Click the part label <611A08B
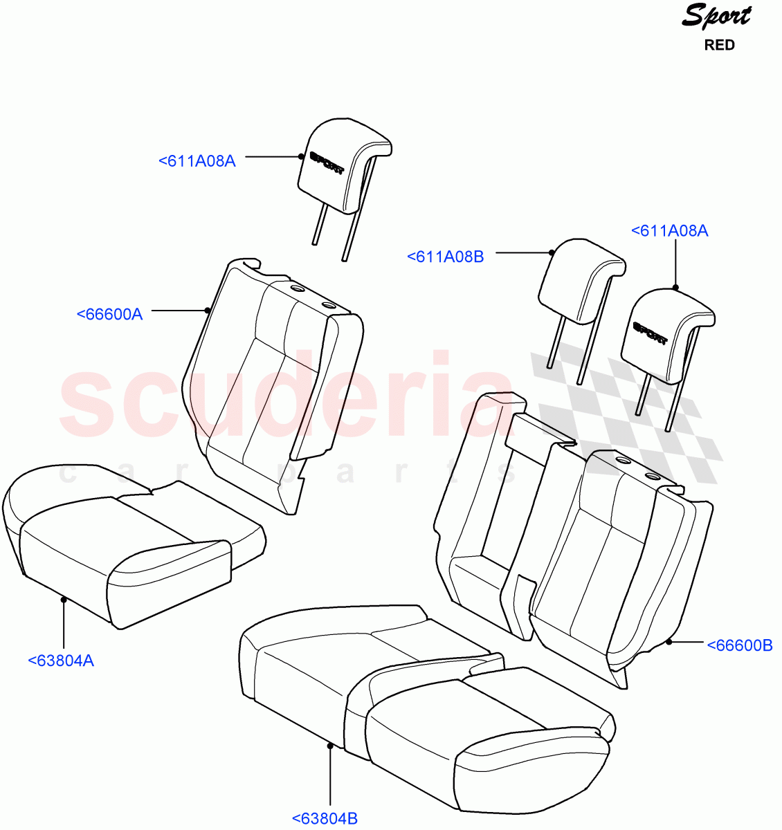[x=445, y=257]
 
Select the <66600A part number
[x=109, y=314]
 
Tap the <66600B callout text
[x=739, y=645]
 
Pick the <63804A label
[x=61, y=661]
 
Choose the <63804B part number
[x=325, y=819]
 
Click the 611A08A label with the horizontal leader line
[x=197, y=161]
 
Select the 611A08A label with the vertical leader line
[x=669, y=231]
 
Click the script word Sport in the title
[x=716, y=15]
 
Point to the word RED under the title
[x=719, y=46]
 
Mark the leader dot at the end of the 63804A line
[x=64, y=600]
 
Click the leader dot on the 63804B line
[x=330, y=745]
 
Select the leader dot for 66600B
[x=669, y=643]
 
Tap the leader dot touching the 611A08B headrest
[x=551, y=252]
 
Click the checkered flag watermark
[x=623, y=415]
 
